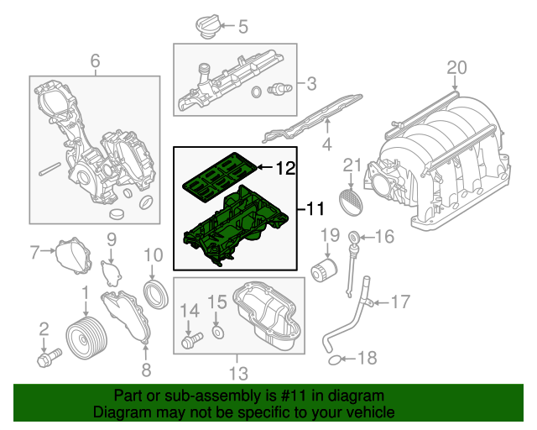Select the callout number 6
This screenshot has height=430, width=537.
pos(95,60)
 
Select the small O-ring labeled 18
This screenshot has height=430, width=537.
pos(335,360)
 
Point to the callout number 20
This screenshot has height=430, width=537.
pos(456,67)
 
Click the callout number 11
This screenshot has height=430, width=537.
pos(313,206)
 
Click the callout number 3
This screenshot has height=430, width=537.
pos(311,83)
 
